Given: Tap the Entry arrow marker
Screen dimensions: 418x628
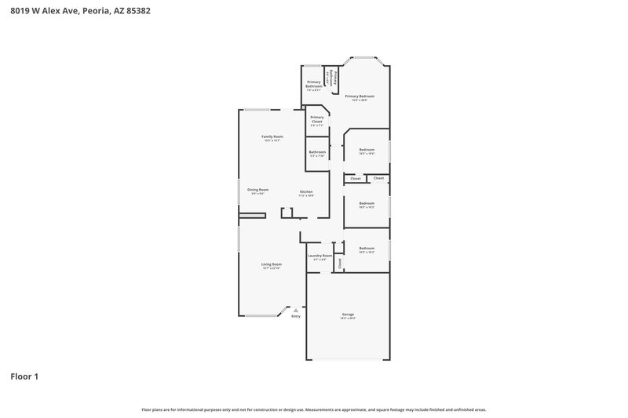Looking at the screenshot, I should pos(296,310).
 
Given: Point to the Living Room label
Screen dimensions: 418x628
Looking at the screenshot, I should pos(272,264).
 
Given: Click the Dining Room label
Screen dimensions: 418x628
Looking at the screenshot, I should pos(258,189).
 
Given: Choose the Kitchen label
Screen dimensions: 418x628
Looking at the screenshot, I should pos(306,192).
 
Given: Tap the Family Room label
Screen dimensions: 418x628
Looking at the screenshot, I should pos(272,136).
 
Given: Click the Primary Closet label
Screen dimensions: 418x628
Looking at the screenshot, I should pos(316,119).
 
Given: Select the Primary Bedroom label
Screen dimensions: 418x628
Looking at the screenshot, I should pos(360,96).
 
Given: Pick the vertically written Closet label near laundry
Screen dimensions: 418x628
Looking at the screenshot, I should pos(340,264).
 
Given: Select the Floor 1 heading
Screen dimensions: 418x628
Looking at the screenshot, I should pos(24,376).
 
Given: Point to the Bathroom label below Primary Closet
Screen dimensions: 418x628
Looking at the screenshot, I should pos(317,152).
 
